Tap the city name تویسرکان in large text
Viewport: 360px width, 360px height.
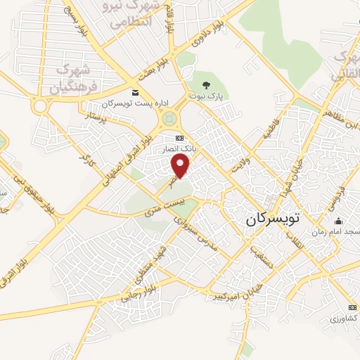273,219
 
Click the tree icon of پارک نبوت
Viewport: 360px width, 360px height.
206,86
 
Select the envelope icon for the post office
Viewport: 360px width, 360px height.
135,92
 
